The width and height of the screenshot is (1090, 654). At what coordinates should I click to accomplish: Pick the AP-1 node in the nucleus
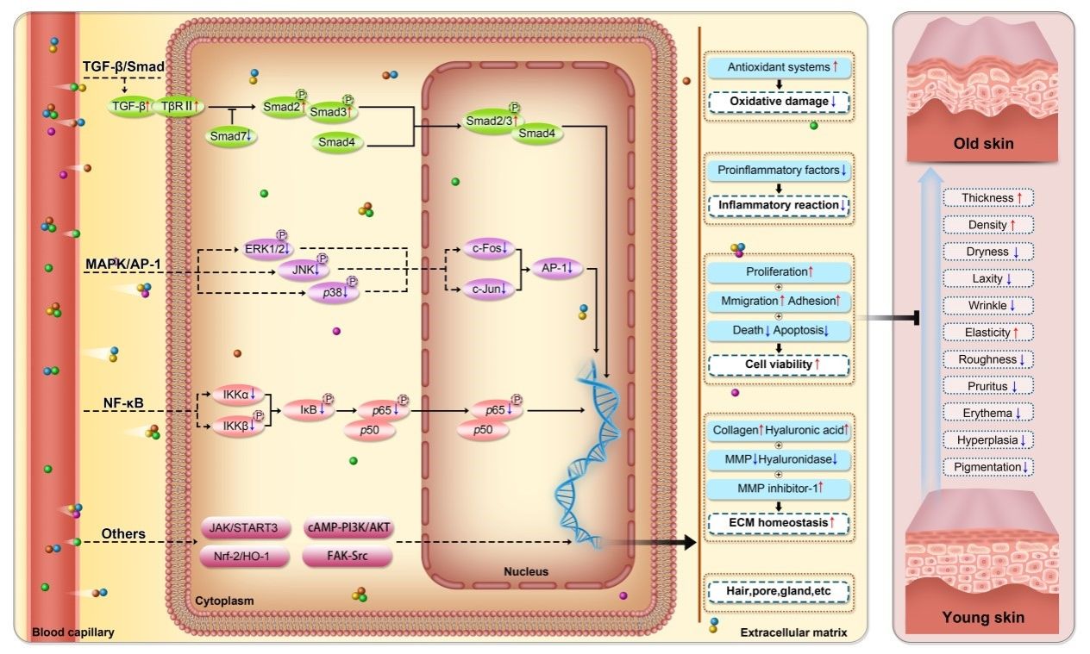click(558, 268)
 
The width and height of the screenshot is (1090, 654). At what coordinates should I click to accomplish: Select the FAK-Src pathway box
click(348, 556)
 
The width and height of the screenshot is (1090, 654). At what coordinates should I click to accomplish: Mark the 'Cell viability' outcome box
click(778, 364)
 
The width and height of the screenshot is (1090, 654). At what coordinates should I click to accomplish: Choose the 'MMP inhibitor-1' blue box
click(778, 489)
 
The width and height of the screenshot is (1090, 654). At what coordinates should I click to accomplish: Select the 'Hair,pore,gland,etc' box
click(778, 593)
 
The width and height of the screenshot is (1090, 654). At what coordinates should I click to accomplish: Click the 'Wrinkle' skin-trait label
click(988, 306)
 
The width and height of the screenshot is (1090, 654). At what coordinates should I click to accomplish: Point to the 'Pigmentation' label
click(988, 467)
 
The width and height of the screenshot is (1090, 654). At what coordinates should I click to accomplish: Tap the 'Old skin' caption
click(982, 144)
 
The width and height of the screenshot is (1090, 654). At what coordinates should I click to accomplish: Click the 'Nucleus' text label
click(525, 571)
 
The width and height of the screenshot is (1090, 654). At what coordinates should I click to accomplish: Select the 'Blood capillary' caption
click(73, 632)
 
